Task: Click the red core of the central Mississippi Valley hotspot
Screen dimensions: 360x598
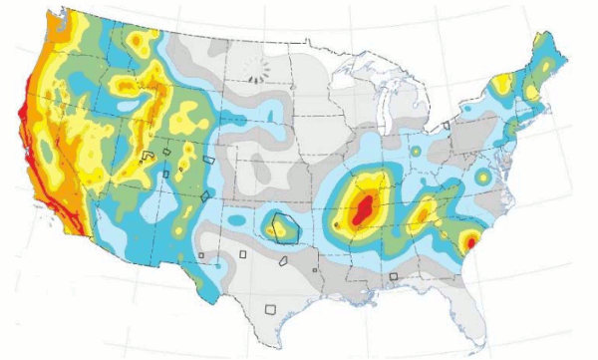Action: [365, 207]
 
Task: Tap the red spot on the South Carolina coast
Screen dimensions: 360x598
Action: [469, 241]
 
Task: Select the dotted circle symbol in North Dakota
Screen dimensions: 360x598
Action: [258, 67]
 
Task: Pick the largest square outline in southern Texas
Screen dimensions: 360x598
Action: [268, 309]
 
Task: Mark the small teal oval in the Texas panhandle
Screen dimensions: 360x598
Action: [238, 217]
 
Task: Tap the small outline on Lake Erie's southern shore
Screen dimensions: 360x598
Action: [447, 126]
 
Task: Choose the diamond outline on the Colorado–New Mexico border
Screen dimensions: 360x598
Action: [205, 195]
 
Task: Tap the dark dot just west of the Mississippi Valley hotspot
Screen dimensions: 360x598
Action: [338, 226]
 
